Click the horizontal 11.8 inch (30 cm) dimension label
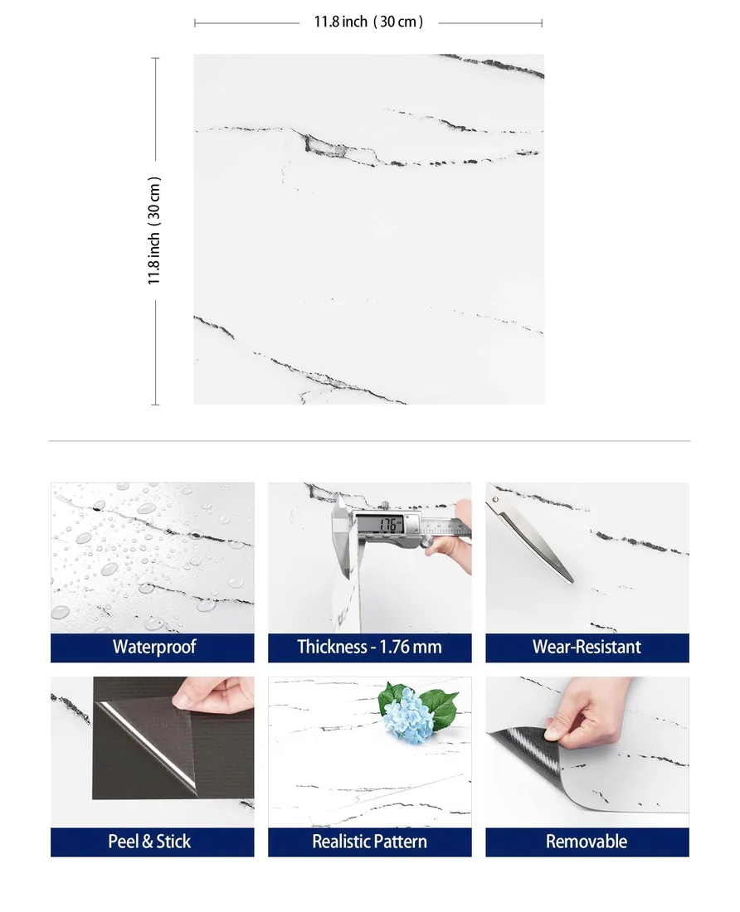[x=368, y=22]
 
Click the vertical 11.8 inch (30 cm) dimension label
[x=153, y=231]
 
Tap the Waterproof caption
[x=154, y=647]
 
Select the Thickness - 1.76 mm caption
[x=369, y=647]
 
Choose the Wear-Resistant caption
[x=587, y=647]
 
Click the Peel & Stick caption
[x=149, y=841]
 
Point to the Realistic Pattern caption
[x=369, y=841]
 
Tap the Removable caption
[x=587, y=841]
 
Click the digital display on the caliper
[x=387, y=525]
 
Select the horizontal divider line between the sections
[x=369, y=441]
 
